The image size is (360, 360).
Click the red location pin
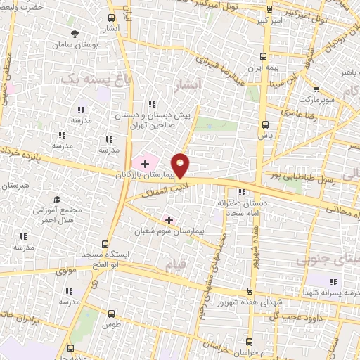181,165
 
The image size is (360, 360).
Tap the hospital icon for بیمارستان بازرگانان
145,163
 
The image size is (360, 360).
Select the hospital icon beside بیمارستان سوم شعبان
169,220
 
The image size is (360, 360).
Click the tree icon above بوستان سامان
75,33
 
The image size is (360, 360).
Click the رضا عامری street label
299,111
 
